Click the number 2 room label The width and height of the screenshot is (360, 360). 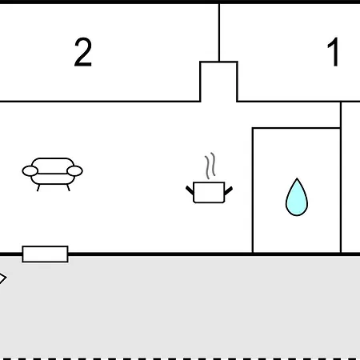click(83, 52)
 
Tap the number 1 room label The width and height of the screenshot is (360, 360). click(333, 52)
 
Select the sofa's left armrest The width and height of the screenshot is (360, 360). click(30, 171)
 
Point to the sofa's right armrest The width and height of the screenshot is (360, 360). click(74, 171)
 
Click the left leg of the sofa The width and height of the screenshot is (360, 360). click(38, 188)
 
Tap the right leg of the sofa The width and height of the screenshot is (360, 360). click(68, 188)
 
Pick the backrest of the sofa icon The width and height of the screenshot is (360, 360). click(53, 163)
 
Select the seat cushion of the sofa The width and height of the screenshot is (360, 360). click(53, 179)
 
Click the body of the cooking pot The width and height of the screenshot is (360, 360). click(209, 193)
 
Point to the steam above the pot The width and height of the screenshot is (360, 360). click(210, 166)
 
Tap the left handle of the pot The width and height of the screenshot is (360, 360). click(190, 190)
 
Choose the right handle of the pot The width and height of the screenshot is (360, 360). click(229, 190)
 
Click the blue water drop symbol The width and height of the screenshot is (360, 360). click(297, 197)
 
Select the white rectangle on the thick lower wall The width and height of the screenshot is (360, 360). click(45, 254)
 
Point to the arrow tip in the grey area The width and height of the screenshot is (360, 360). click(6, 278)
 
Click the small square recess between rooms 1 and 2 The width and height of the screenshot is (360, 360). click(218, 82)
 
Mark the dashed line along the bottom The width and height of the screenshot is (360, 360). click(180, 358)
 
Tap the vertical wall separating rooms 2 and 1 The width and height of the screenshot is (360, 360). click(219, 33)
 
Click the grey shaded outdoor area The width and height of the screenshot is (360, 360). click(180, 306)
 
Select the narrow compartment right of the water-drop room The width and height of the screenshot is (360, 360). click(351, 177)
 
